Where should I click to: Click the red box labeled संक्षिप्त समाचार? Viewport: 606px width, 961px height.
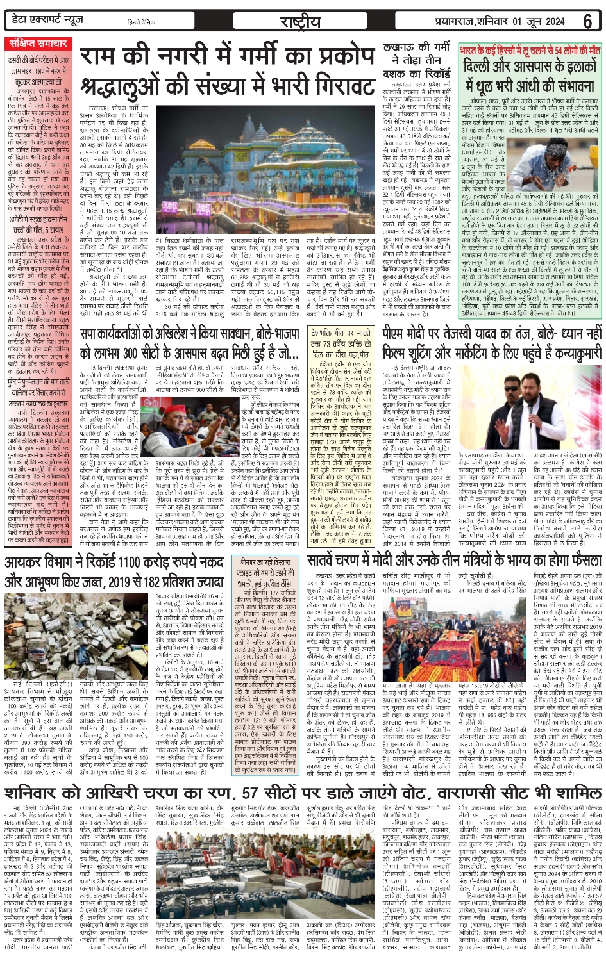(38, 44)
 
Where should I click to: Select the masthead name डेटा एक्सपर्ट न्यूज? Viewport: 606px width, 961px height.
(48, 21)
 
